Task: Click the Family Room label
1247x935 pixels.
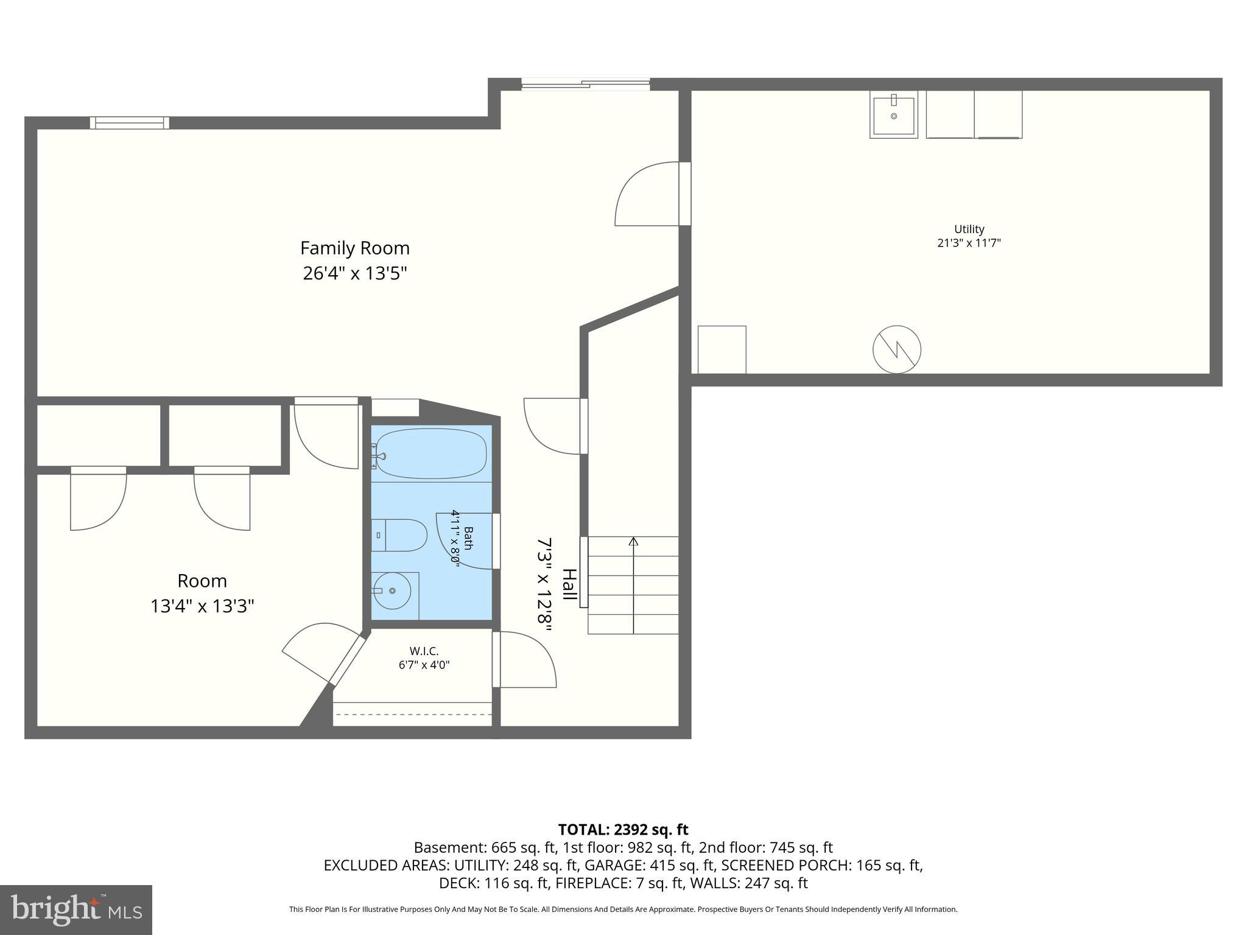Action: tap(354, 248)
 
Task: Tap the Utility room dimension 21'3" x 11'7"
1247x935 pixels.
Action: tap(969, 243)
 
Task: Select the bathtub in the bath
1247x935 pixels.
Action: tap(431, 453)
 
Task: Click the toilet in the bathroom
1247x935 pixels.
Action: tap(399, 535)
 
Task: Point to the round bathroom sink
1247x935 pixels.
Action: tap(392, 590)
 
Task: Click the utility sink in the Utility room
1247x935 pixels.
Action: tap(893, 115)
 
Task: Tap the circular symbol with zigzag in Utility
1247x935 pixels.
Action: tap(896, 349)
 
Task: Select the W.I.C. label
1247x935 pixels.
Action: tap(424, 651)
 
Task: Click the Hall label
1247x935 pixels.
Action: tap(569, 584)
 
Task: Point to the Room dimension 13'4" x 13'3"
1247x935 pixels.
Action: tap(202, 606)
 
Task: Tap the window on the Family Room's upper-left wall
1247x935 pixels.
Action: tap(130, 123)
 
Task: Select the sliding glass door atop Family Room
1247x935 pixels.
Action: tap(586, 85)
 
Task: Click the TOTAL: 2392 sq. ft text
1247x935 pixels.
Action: tap(623, 829)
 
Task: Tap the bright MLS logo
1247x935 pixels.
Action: tap(76, 910)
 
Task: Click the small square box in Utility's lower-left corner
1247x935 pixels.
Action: tap(722, 349)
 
